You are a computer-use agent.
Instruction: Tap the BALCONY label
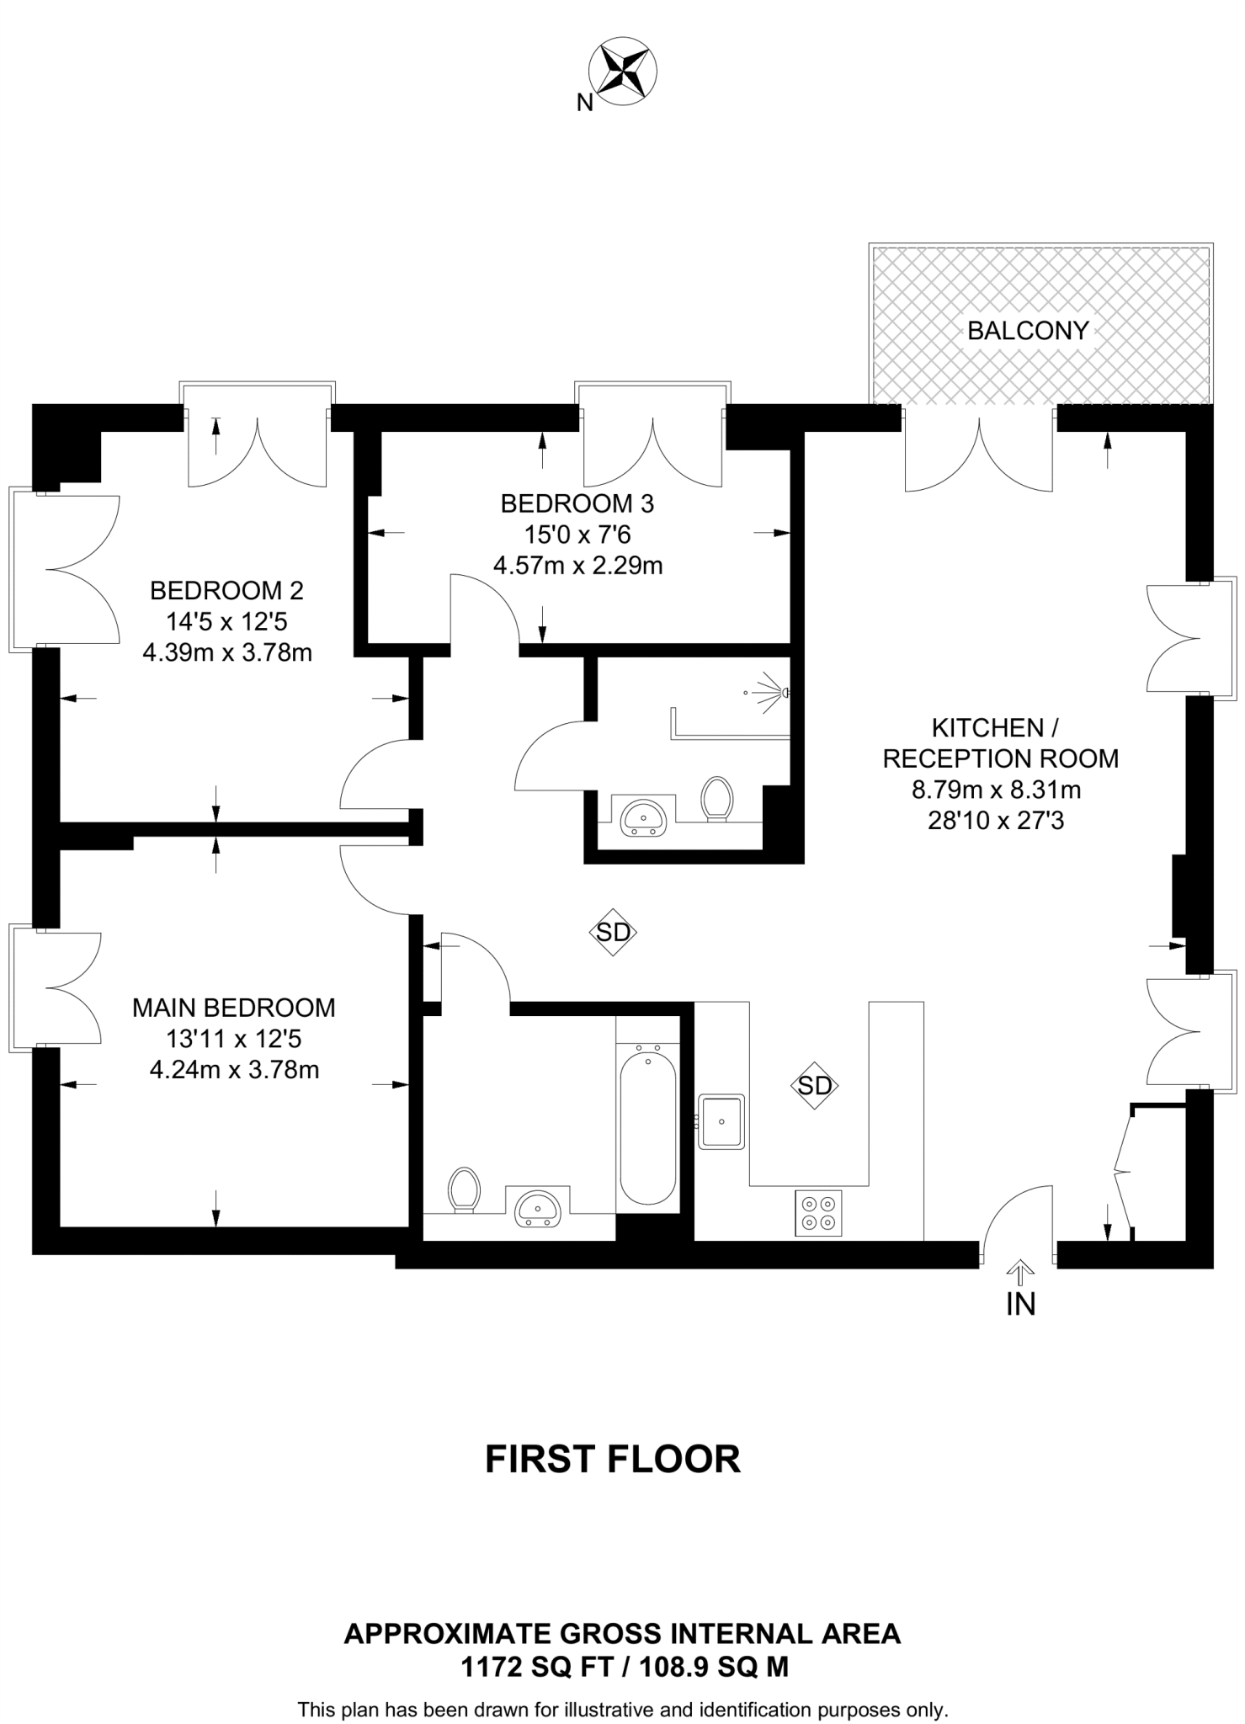(x=1028, y=331)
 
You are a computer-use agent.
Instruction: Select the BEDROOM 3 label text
(x=577, y=503)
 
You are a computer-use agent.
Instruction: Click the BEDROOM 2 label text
(x=226, y=591)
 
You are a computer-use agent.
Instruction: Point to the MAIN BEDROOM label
(x=234, y=1008)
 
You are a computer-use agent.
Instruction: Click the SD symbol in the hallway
(x=612, y=932)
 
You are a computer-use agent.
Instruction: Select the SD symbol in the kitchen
(x=814, y=1086)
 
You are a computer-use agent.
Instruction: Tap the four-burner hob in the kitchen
(x=818, y=1213)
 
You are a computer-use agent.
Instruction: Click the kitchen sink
(x=721, y=1122)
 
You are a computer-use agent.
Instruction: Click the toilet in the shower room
(x=717, y=797)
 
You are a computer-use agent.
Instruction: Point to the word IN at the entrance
(x=1020, y=1304)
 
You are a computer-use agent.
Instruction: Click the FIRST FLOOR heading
(x=613, y=1460)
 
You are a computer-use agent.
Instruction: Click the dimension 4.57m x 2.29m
(x=577, y=566)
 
